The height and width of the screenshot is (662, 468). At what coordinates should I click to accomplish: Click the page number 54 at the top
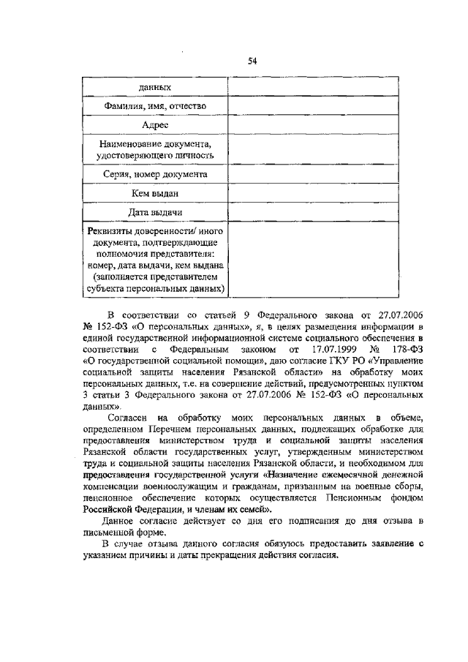[252, 61]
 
